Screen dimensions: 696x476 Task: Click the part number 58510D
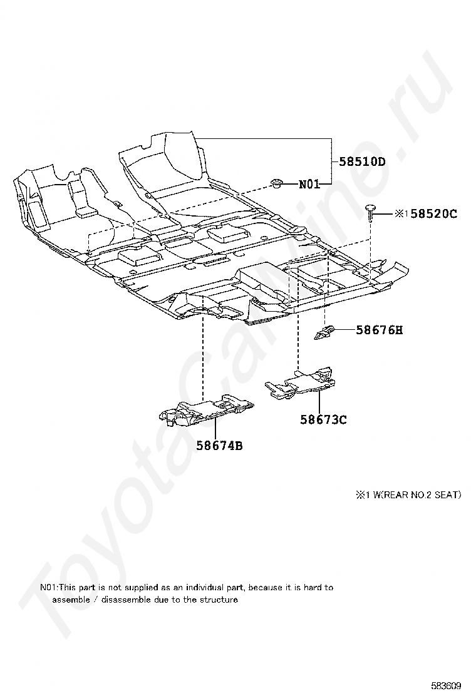tap(362, 161)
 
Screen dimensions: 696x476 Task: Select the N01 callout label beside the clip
tap(309, 184)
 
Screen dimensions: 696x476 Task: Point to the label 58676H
tap(379, 329)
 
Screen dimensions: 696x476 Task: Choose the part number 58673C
tap(323, 419)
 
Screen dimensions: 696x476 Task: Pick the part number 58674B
tap(219, 446)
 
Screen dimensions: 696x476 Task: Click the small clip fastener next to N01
tap(276, 182)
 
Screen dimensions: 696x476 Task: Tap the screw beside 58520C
tap(371, 213)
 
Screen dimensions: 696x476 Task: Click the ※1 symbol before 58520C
tap(401, 214)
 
